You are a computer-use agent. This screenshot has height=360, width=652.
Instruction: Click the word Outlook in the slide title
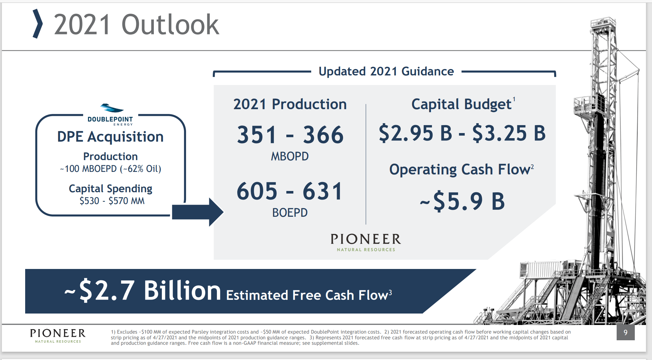coord(170,25)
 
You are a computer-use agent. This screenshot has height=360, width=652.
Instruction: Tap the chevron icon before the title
coord(38,24)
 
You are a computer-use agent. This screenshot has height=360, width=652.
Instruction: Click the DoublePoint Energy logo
coord(110,115)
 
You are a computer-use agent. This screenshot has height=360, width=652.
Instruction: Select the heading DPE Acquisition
coord(110,137)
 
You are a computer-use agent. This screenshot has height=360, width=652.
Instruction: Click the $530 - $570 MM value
coord(112,201)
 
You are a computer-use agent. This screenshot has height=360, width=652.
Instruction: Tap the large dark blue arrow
coord(197,212)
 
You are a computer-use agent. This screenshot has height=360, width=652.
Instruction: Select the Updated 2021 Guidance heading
coord(386,71)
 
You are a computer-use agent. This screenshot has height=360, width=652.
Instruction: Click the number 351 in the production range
coord(257,135)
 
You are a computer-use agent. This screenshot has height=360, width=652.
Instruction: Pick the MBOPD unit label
coord(290,156)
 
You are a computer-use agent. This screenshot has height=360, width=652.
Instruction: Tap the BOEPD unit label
coord(290,213)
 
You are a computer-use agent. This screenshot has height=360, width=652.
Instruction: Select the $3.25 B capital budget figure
coord(509,133)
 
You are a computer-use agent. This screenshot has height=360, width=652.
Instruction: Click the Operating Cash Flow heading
coord(461,170)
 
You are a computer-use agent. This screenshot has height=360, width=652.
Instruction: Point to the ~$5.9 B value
coord(462,201)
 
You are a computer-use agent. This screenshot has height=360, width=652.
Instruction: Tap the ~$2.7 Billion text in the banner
coord(143,290)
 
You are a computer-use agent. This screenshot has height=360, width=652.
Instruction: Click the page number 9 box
coord(626,332)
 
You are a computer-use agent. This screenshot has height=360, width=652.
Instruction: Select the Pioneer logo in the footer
coord(58,336)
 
